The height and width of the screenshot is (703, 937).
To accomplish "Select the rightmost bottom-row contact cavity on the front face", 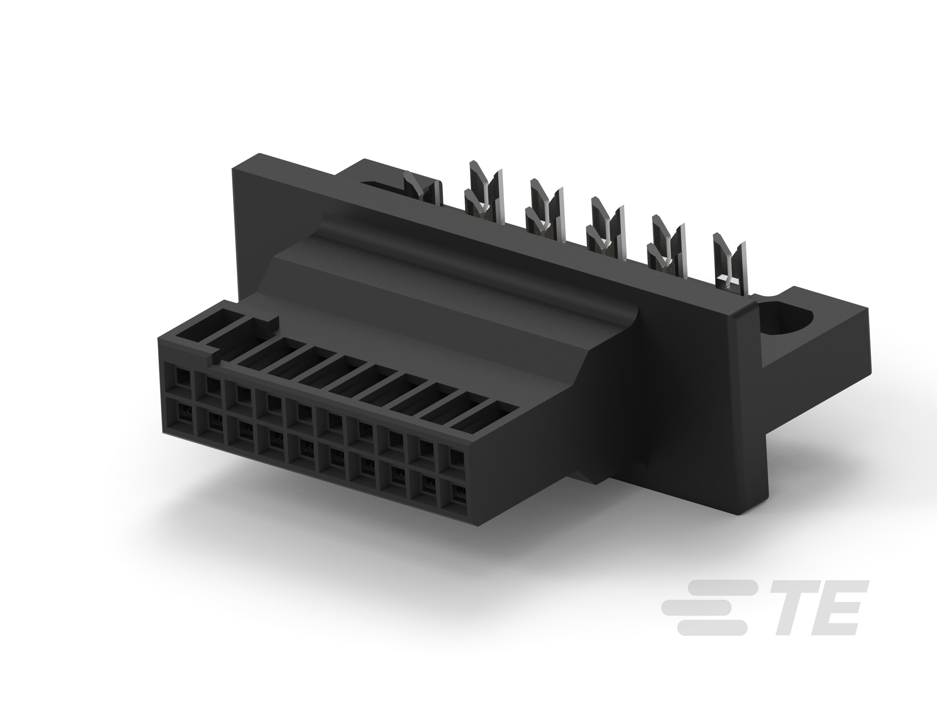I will [458, 494].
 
